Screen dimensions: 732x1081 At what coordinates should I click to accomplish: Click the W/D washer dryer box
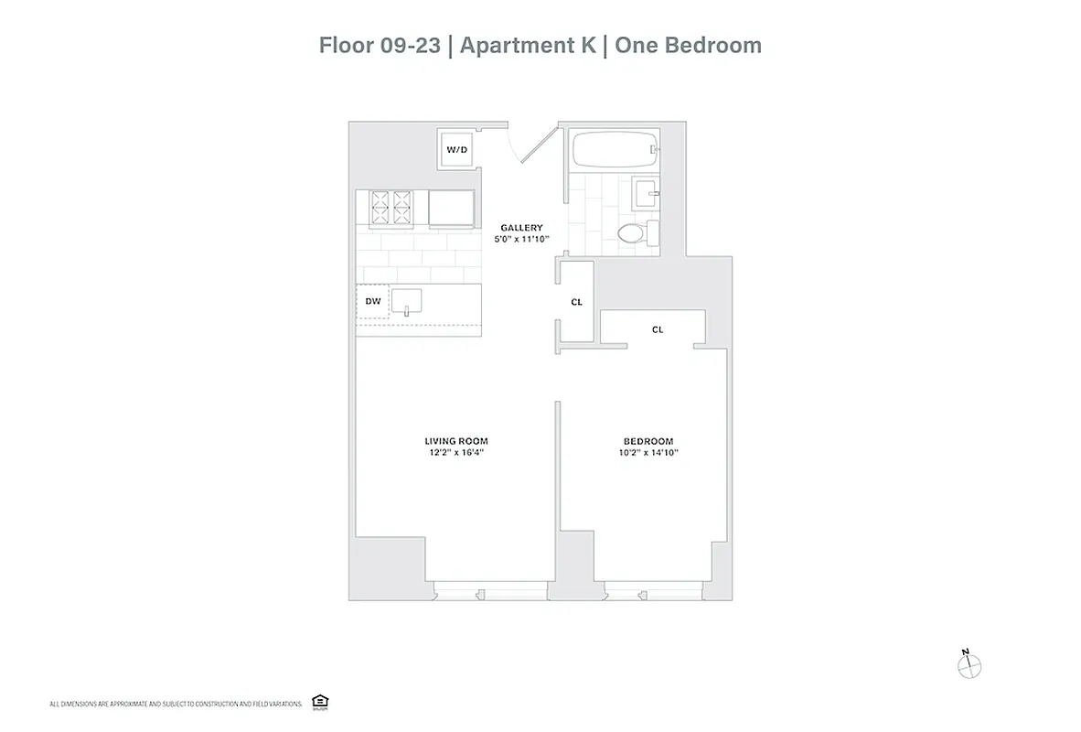455,149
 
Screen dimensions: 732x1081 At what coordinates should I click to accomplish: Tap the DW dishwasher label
372,300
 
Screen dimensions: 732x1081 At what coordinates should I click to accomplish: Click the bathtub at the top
612,149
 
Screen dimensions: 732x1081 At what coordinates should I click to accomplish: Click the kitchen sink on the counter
407,300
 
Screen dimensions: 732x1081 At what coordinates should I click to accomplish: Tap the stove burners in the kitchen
391,208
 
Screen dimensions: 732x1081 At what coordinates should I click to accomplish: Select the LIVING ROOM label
455,440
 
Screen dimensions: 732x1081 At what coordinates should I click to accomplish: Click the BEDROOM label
648,440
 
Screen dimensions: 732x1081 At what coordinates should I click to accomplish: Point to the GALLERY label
521,228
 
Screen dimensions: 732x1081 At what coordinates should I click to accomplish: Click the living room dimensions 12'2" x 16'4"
455,452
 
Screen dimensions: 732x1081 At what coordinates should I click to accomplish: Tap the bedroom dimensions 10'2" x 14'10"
648,452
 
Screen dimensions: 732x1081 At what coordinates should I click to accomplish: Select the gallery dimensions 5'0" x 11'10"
521,240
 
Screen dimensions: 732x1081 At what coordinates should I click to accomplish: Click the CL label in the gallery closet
576,302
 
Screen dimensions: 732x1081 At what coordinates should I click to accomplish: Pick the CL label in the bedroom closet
657,329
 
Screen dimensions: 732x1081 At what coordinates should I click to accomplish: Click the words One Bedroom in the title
688,45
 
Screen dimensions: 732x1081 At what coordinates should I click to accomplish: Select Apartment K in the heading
529,45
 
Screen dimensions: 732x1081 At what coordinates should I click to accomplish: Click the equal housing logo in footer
320,703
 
